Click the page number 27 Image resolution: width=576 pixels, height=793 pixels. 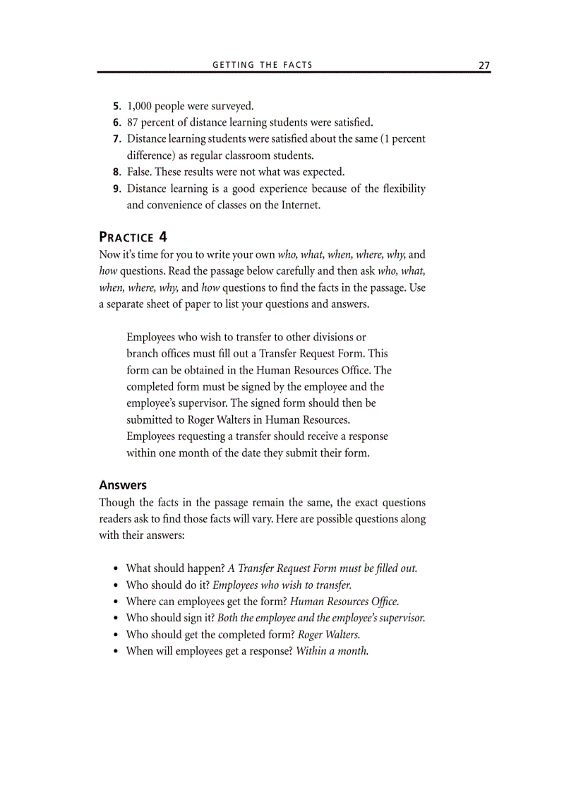pos(484,65)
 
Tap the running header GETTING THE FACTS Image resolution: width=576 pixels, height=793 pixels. pos(262,65)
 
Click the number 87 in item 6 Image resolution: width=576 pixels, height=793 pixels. pos(133,122)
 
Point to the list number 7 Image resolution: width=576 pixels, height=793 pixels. pos(117,139)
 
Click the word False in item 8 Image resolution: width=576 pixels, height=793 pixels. pos(139,172)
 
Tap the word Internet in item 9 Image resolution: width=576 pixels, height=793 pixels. pos(299,205)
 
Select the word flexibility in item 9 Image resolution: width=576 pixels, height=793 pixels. pos(401,189)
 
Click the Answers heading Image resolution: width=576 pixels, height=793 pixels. pos(123,485)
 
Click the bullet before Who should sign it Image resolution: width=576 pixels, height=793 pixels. pos(115,618)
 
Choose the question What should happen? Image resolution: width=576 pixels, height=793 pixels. pos(175,568)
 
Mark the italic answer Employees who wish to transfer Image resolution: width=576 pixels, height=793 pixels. pos(282,585)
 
